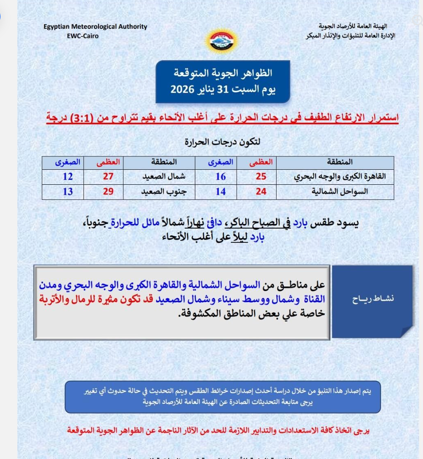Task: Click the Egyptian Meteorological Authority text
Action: tap(95, 27)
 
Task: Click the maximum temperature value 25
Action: tap(261, 177)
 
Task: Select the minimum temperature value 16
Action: tap(220, 177)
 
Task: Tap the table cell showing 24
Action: tap(261, 192)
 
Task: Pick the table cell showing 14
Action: tap(220, 192)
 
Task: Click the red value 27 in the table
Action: tap(108, 177)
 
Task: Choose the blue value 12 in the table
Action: tap(68, 177)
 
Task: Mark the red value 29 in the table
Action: tap(108, 192)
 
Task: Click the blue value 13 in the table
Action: tap(68, 192)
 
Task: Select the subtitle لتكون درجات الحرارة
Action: tap(222, 142)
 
